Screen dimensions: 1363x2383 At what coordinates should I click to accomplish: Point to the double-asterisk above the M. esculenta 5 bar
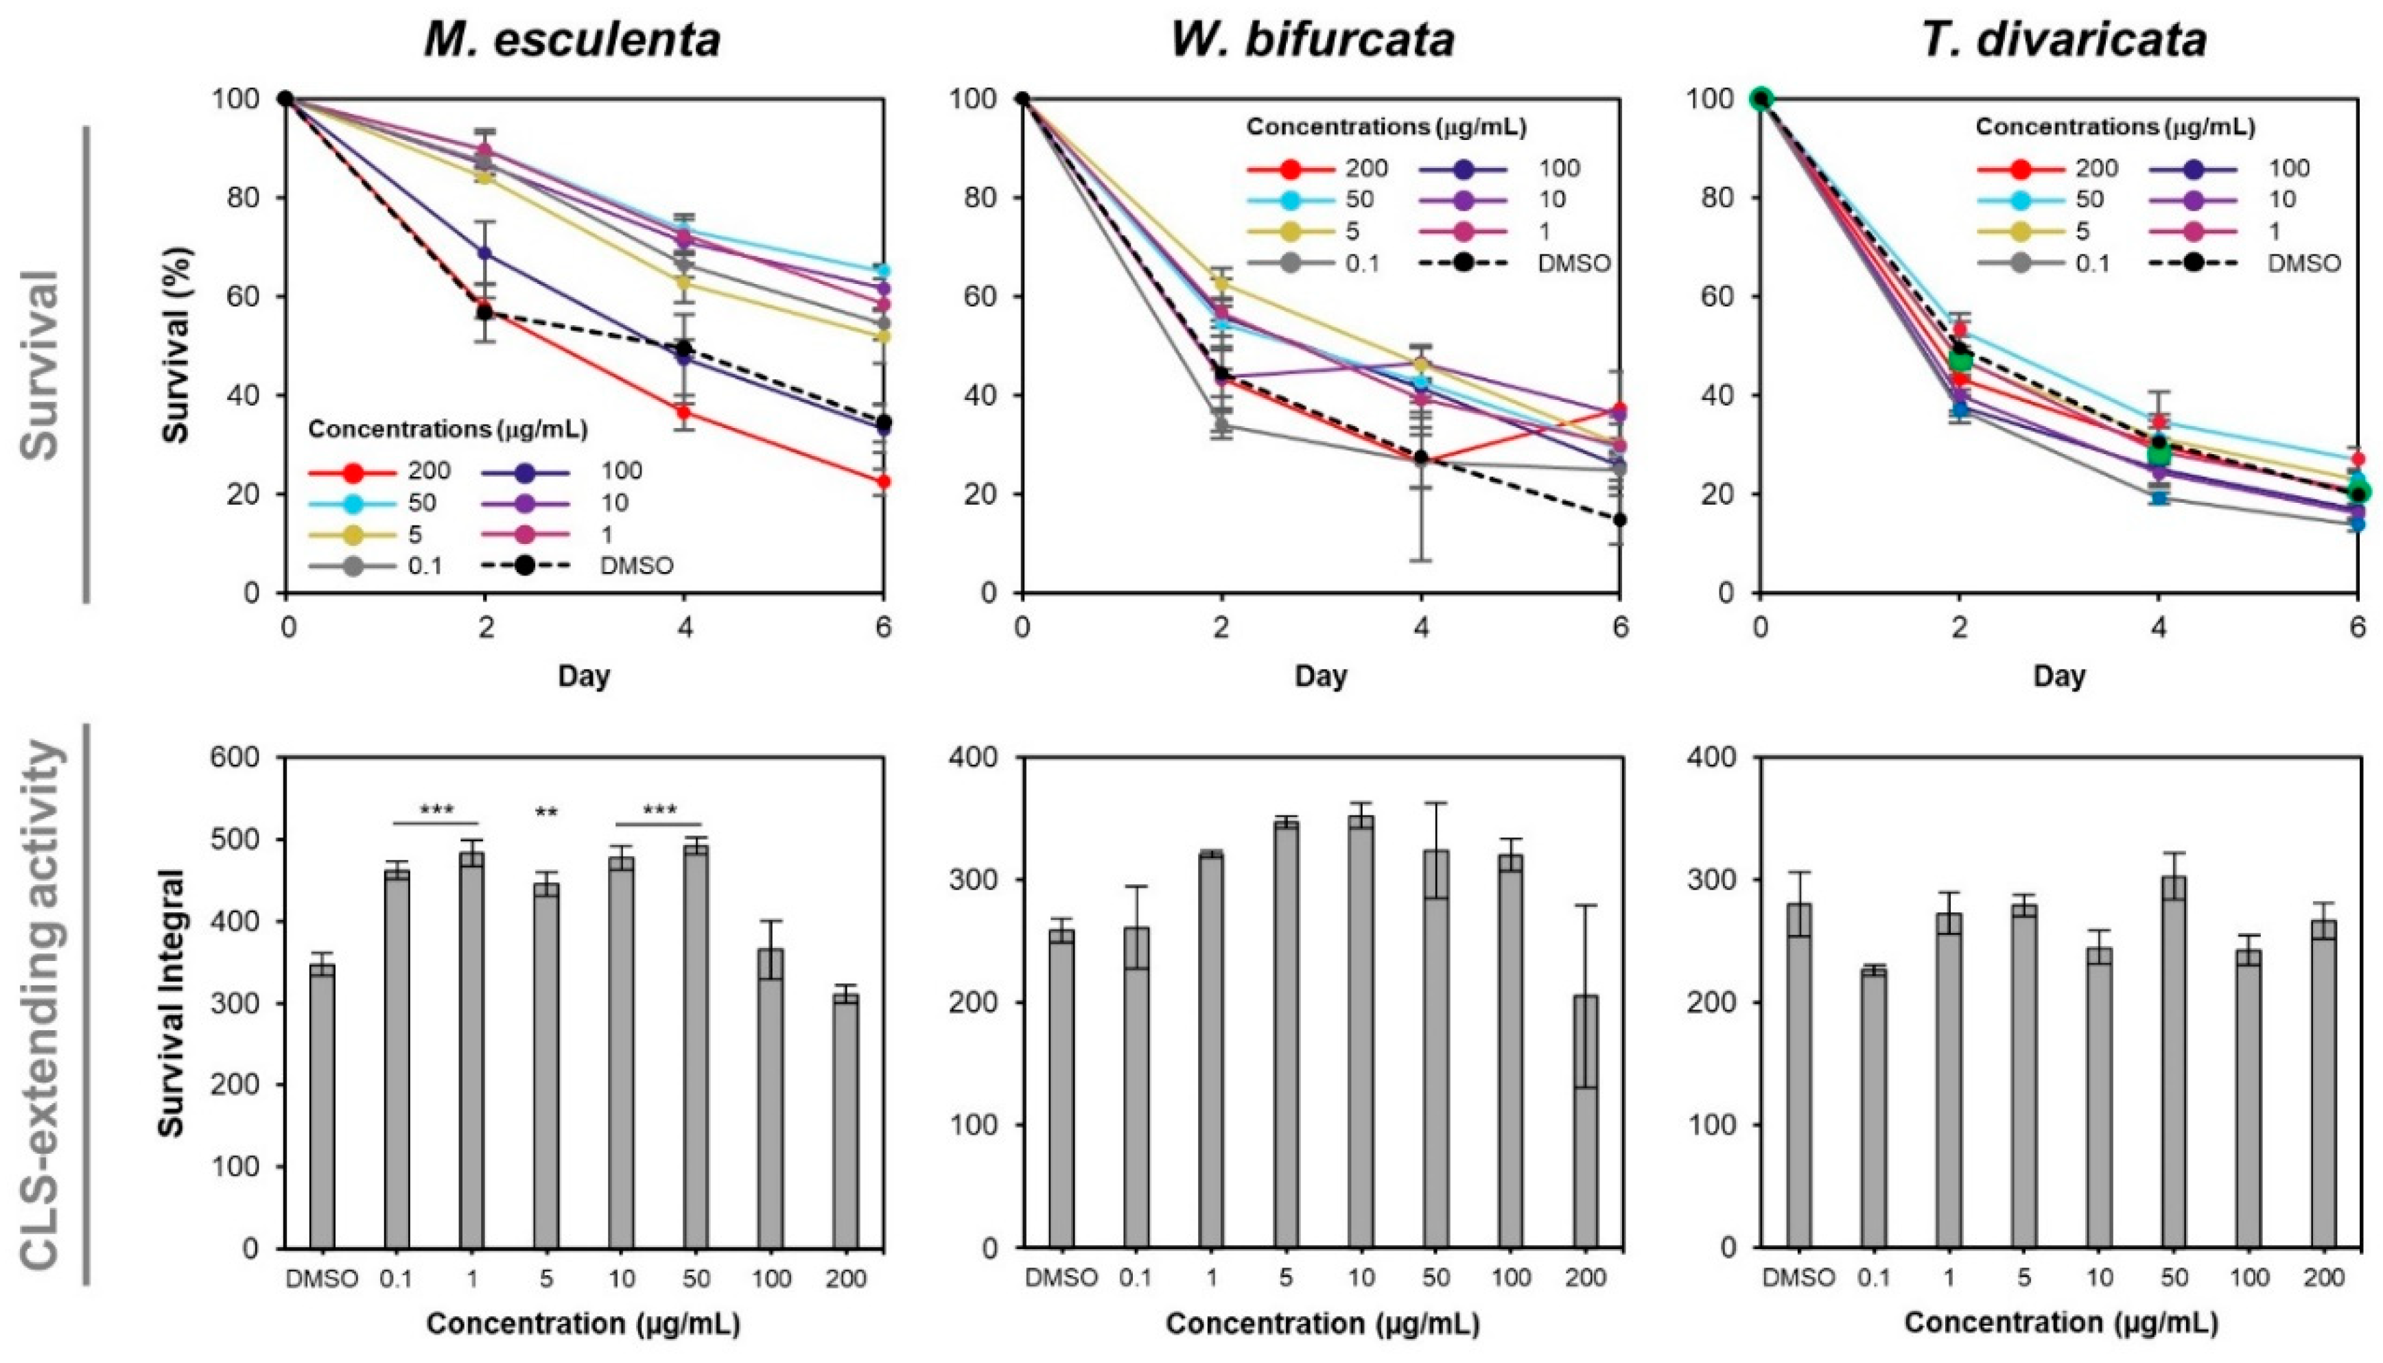pos(546,814)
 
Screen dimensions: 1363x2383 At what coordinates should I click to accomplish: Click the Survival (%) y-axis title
pos(176,344)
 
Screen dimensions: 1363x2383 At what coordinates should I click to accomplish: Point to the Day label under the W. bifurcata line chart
pos(1320,675)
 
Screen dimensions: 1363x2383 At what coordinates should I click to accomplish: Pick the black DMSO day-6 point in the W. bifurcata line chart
pos(1619,519)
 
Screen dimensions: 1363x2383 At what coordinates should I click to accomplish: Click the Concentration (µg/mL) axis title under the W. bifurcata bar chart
pos(1322,1324)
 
